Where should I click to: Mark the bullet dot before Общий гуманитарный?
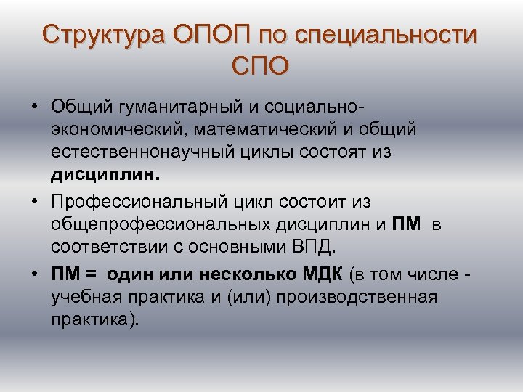[35, 107]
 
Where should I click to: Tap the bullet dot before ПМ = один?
[35, 275]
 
